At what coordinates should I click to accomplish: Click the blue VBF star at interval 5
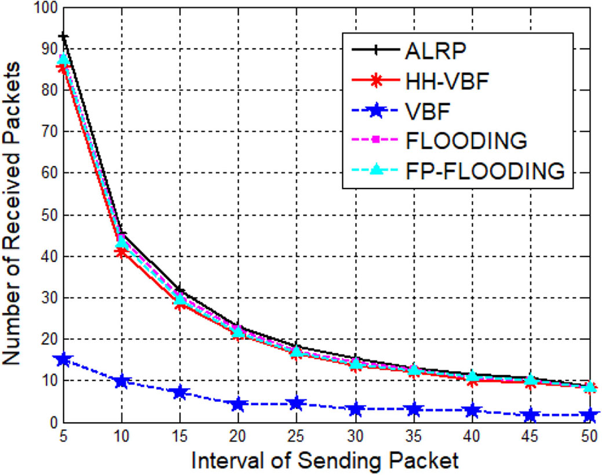coord(63,360)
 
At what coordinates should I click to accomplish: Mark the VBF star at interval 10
coord(122,381)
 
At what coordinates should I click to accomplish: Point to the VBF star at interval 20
coord(238,404)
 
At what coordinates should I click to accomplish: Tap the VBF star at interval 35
coord(414,409)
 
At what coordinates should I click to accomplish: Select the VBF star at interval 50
coord(589,415)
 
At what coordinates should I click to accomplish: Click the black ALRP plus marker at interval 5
coord(63,37)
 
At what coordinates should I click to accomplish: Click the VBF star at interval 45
coord(530,415)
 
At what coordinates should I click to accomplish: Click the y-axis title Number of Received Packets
coord(13,215)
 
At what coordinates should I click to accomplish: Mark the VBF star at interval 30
coord(355,409)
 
